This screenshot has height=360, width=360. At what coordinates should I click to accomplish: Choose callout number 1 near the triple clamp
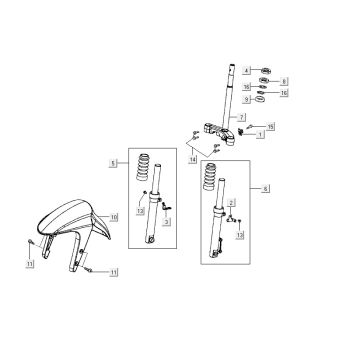(x=260, y=134)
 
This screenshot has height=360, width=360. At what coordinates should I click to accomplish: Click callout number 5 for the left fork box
(x=115, y=161)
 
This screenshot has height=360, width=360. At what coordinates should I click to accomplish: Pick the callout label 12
(x=142, y=211)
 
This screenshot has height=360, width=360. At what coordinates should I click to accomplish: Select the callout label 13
(x=240, y=236)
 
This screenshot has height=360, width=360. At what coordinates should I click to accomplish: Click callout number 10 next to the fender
(x=114, y=216)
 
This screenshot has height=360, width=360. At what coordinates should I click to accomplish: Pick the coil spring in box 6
(x=212, y=178)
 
